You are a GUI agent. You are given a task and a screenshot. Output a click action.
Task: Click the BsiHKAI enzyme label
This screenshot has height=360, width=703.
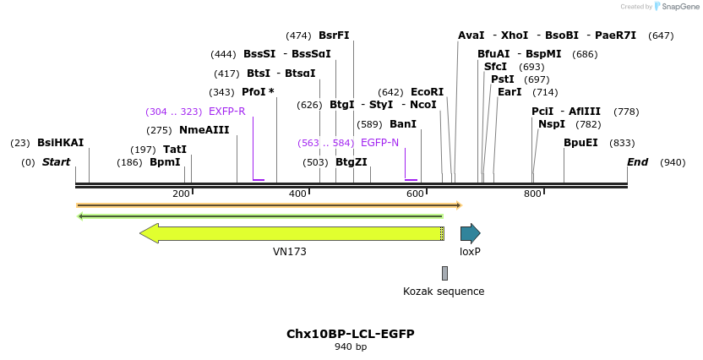pyautogui.click(x=60, y=143)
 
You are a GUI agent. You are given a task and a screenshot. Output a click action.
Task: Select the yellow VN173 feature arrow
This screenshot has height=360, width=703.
pyautogui.click(x=292, y=233)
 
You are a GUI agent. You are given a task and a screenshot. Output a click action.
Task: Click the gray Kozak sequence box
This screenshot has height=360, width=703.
pyautogui.click(x=444, y=273)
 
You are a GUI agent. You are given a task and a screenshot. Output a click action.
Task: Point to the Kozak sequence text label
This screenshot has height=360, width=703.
pyautogui.click(x=444, y=292)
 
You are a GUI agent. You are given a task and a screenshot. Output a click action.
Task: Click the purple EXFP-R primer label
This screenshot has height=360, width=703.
pyautogui.click(x=226, y=112)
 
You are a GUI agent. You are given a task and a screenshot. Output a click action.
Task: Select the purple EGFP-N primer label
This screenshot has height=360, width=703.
pyautogui.click(x=379, y=143)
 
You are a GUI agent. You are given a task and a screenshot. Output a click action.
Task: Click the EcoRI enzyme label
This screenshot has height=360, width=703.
pyautogui.click(x=427, y=92)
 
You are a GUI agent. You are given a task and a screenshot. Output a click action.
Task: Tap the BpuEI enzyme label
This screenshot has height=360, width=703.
pyautogui.click(x=580, y=143)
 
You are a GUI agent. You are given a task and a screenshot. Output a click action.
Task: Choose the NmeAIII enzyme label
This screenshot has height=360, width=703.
pyautogui.click(x=204, y=130)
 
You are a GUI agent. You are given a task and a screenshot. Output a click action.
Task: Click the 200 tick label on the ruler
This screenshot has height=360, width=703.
pyautogui.click(x=181, y=194)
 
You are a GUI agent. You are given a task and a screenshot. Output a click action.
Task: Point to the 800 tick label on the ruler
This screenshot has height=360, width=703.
pyautogui.click(x=532, y=194)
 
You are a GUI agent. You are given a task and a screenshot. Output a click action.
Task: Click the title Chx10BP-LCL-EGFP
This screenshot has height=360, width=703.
pyautogui.click(x=351, y=334)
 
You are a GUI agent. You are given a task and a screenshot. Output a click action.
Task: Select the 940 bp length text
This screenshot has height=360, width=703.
pyautogui.click(x=351, y=347)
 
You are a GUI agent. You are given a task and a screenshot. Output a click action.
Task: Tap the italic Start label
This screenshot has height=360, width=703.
pyautogui.click(x=56, y=162)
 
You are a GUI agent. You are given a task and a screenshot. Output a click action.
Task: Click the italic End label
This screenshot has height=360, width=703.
pyautogui.click(x=637, y=162)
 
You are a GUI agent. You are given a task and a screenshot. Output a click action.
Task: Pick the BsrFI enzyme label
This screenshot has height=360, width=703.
pyautogui.click(x=334, y=35)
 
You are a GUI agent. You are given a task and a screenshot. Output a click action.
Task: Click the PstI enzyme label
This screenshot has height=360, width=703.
pyautogui.click(x=503, y=79)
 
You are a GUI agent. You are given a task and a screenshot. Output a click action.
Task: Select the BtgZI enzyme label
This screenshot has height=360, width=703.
pyautogui.click(x=351, y=162)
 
